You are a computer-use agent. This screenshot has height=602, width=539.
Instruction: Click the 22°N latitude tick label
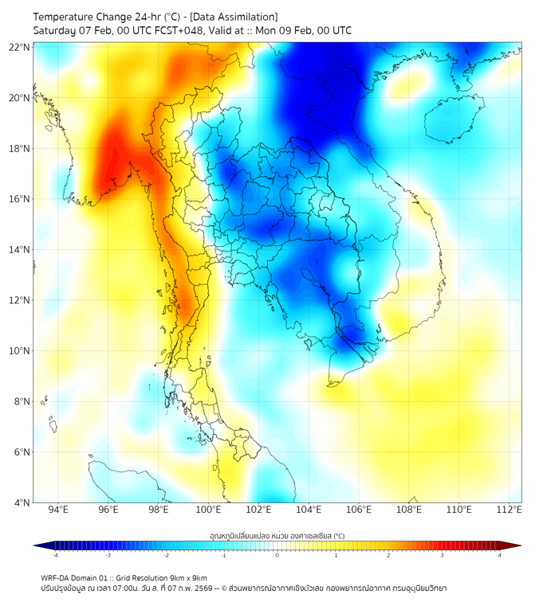(20, 47)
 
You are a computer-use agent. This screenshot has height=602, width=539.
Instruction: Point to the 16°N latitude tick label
(20, 199)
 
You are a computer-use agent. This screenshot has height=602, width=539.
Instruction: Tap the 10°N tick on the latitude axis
(20, 351)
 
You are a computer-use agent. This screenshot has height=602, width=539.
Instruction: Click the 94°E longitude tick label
(58, 510)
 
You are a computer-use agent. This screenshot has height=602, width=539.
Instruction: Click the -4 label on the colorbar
(55, 556)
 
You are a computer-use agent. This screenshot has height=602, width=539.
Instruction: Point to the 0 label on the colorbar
(277, 556)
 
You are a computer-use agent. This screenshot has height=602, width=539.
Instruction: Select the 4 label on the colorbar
(500, 556)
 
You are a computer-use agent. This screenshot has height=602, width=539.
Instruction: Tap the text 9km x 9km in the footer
(188, 578)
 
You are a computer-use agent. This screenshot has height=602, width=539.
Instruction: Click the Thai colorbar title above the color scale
(277, 536)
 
